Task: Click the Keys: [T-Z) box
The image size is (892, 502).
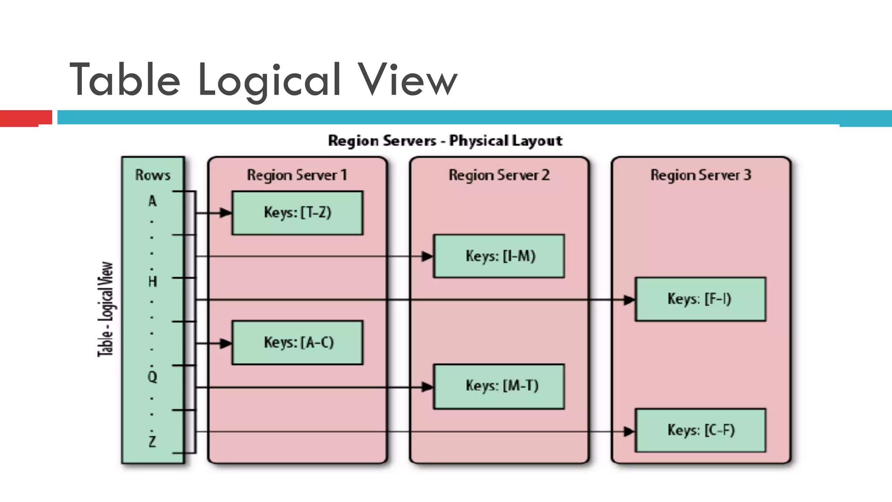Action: (297, 213)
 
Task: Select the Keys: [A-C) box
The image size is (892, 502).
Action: (297, 343)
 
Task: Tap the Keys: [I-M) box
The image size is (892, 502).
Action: (499, 256)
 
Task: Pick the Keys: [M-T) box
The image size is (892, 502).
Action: (499, 386)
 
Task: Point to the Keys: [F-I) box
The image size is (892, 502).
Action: (700, 299)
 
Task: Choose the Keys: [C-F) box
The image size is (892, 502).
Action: (700, 430)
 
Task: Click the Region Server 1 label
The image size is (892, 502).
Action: (297, 175)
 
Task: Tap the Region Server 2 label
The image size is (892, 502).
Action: (499, 175)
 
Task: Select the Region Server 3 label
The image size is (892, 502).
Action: (701, 175)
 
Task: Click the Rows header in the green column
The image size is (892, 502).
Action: (152, 175)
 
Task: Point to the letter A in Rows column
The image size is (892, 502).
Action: (152, 201)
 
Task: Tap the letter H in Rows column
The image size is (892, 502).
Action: (152, 282)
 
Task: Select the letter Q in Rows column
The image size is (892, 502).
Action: (152, 376)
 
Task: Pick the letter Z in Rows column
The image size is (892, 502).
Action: (152, 442)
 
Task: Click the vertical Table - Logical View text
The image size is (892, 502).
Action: (105, 309)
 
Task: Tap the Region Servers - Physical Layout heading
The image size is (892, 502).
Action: (445, 141)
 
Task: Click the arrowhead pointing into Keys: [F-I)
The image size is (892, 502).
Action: (629, 300)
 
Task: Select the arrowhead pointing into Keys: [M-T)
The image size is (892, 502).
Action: (427, 387)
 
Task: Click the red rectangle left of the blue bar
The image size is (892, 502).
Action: (25, 118)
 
